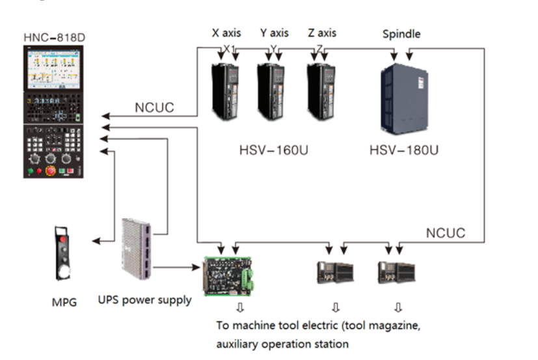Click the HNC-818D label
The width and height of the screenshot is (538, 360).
pos(55,38)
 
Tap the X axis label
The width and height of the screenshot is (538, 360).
pos(226,33)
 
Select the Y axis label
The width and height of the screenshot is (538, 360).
pos(274,33)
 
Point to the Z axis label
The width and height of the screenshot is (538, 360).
pos(323,33)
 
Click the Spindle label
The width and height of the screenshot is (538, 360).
pos(401,33)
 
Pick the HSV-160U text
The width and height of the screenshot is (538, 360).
pos(273,150)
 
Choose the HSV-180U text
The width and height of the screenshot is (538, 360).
pos(404,150)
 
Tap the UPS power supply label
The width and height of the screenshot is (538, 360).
pos(144,299)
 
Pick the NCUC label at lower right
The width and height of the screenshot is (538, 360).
pos(446,232)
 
